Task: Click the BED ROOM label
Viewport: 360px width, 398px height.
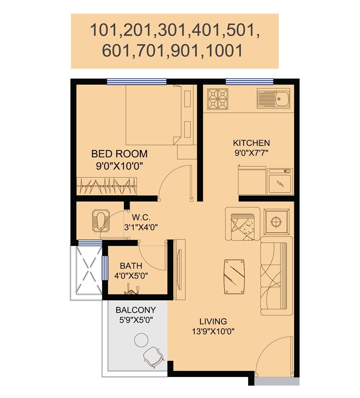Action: click(119, 154)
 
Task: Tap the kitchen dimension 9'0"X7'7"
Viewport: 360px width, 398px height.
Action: click(251, 152)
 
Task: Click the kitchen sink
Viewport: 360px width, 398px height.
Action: click(274, 98)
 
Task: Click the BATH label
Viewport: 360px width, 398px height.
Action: click(131, 266)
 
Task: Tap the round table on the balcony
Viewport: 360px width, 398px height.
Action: click(141, 339)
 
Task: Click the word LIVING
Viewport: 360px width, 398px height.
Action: click(213, 321)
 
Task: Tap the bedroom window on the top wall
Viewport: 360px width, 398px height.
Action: click(136, 82)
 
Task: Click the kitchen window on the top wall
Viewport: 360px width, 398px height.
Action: click(249, 81)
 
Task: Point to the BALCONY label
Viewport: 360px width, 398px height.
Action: click(135, 310)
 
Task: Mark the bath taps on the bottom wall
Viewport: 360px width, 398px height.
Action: click(131, 290)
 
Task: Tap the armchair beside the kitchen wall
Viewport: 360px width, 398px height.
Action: click(242, 224)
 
